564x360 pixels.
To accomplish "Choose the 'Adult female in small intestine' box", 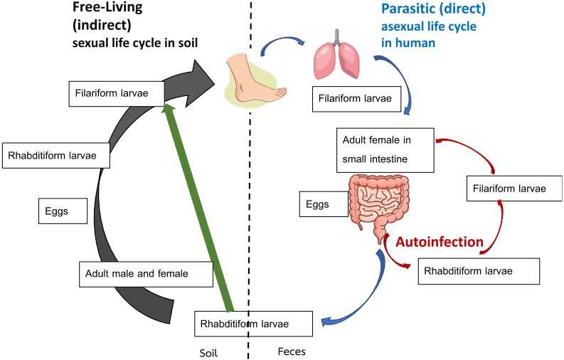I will click(x=385, y=149).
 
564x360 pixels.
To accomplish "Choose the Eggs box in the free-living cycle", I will click(x=65, y=210).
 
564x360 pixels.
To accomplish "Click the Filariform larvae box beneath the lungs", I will click(x=354, y=97).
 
